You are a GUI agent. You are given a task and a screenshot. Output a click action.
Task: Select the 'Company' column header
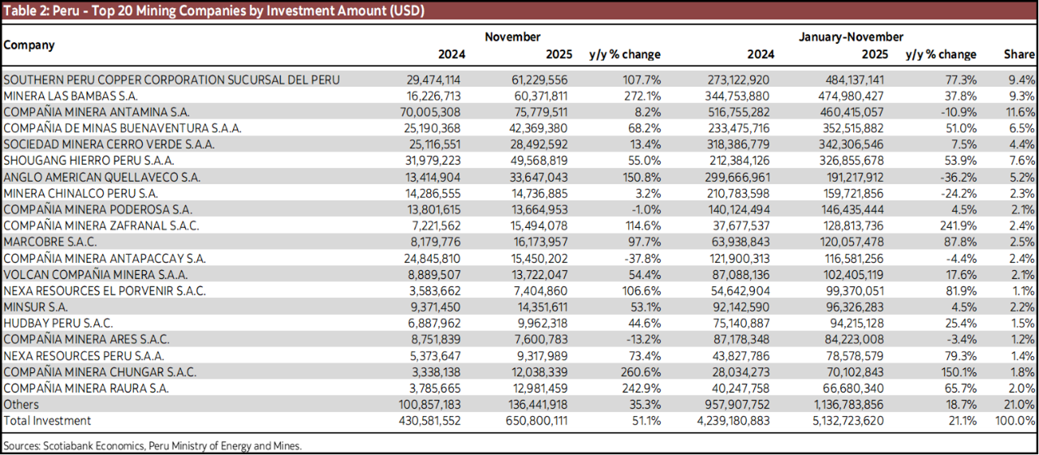[29, 45]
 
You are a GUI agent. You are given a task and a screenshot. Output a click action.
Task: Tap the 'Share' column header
[1019, 54]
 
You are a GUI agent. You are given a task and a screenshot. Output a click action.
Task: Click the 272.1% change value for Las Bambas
[643, 96]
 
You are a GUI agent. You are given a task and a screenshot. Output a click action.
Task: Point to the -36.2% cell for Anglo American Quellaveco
[956, 177]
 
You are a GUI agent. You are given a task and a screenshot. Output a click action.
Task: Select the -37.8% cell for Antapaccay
[641, 258]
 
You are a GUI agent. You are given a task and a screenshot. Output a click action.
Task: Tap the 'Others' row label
[21, 404]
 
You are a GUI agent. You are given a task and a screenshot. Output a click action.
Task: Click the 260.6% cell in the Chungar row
[643, 371]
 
